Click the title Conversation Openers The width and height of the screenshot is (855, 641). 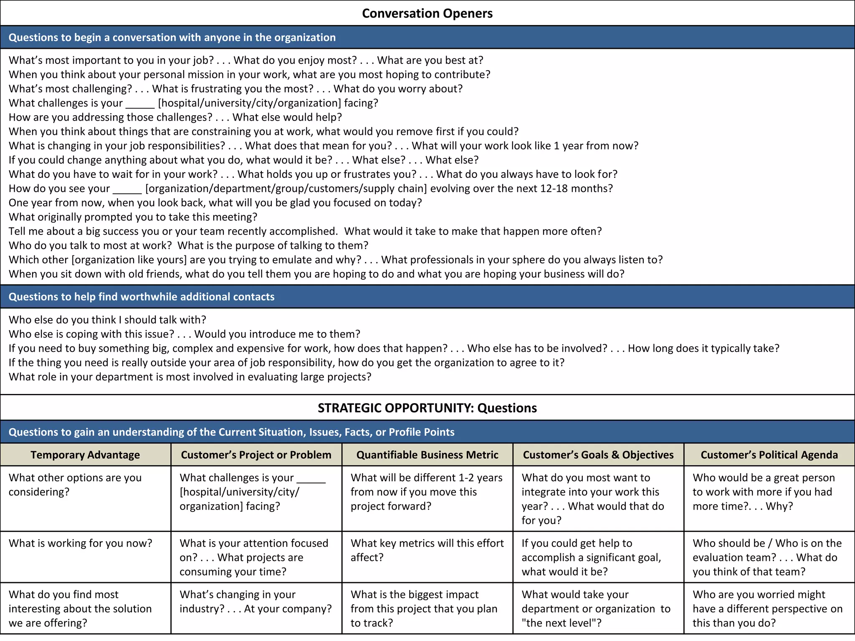tap(427, 13)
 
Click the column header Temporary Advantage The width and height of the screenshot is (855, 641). tap(85, 455)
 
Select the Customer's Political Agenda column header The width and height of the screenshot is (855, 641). tap(769, 455)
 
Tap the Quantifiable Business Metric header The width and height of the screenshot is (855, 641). tap(427, 455)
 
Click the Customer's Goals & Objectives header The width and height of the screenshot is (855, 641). tap(598, 455)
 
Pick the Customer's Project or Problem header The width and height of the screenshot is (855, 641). tap(256, 455)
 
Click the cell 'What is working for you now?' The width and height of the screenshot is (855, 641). tap(81, 543)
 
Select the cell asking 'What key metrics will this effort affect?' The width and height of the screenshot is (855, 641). tap(427, 550)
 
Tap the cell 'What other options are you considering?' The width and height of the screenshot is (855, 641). tap(75, 485)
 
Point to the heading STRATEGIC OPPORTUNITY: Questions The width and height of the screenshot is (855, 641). tap(427, 408)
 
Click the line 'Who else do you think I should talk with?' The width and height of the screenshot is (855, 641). tap(107, 320)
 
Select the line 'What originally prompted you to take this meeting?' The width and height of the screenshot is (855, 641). tap(133, 217)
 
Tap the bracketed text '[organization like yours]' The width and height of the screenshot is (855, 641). tap(129, 260)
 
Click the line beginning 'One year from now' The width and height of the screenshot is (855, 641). tap(215, 203)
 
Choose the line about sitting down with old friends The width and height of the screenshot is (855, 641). tap(316, 274)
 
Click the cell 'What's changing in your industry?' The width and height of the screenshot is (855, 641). tap(255, 601)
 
